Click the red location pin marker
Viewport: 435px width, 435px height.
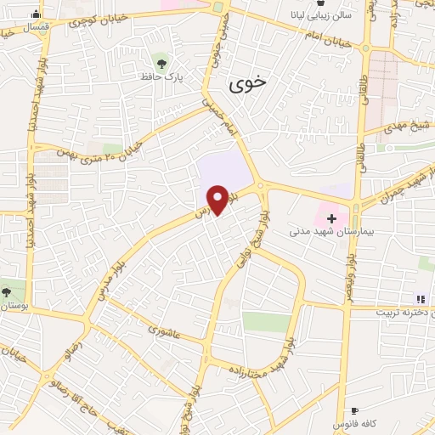click(x=217, y=199)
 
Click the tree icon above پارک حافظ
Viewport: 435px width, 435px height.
click(x=161, y=61)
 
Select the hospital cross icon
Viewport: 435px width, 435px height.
click(x=330, y=218)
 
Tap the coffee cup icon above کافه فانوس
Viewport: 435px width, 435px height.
click(x=354, y=410)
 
